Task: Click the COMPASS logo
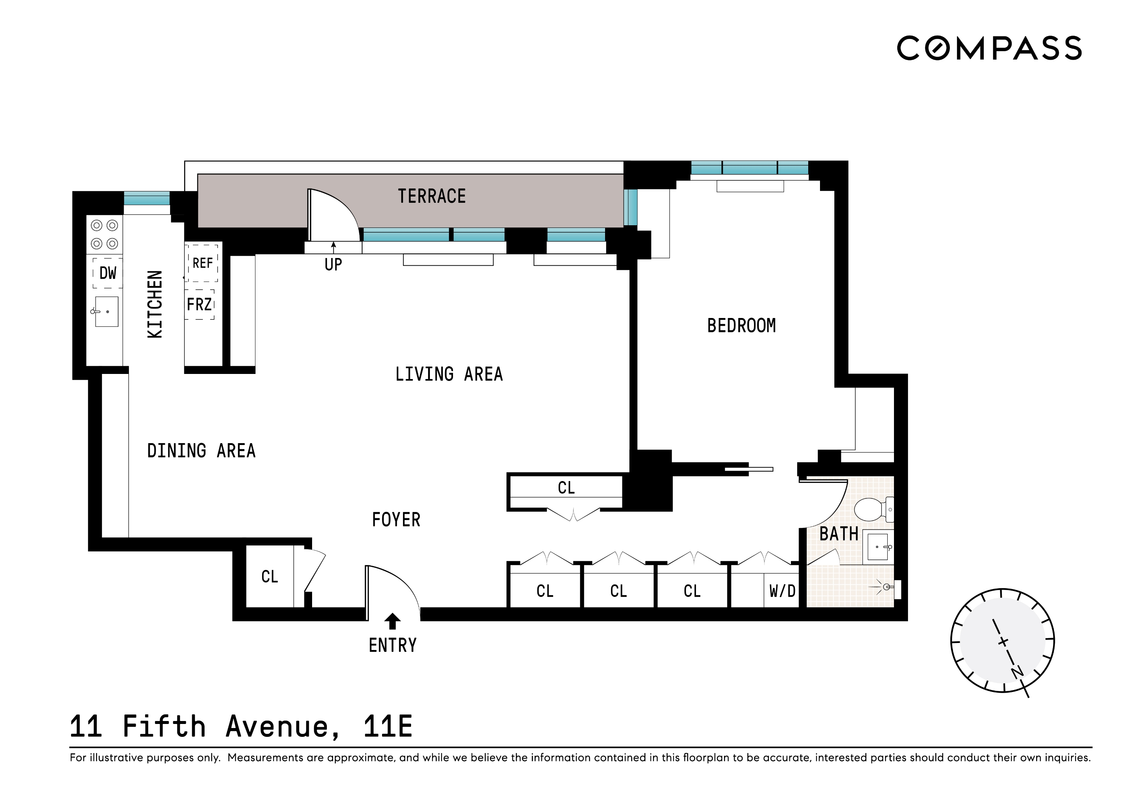tap(989, 48)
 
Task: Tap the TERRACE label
tap(431, 196)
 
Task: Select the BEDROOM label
tap(741, 325)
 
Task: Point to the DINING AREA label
tap(201, 451)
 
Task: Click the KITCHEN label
tap(155, 304)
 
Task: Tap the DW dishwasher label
tap(108, 273)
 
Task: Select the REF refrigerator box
tap(203, 264)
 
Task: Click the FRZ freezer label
tap(199, 304)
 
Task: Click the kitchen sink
tap(106, 311)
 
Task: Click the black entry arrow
tap(392, 621)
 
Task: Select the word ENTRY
tap(393, 645)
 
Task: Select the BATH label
tap(839, 534)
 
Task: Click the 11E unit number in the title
tap(388, 727)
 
